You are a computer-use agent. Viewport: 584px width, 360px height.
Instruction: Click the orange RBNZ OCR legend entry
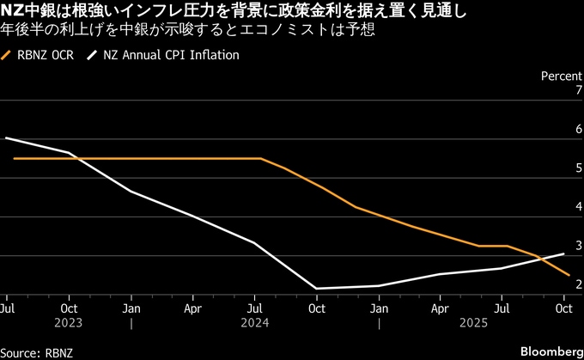pos(40,55)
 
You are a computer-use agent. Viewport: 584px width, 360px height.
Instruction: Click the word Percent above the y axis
pos(562,76)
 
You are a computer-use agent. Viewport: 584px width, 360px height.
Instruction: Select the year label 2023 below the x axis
pos(70,325)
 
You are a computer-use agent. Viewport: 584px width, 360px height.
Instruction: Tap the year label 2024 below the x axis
pos(255,325)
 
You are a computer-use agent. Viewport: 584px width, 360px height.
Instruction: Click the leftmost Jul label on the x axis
pos(7,308)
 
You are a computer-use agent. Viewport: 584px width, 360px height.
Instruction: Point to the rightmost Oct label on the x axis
pos(564,308)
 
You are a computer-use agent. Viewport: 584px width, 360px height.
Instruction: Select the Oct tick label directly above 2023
pos(70,308)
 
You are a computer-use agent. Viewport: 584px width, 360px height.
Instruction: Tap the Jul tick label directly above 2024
pos(255,308)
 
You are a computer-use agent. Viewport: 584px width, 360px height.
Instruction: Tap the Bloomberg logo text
pos(549,351)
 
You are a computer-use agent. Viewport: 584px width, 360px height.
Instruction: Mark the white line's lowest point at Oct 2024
pos(317,289)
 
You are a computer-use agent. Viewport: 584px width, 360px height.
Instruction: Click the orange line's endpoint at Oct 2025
pos(566,275)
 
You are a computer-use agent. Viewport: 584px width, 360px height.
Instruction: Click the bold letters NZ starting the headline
pos(12,12)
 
